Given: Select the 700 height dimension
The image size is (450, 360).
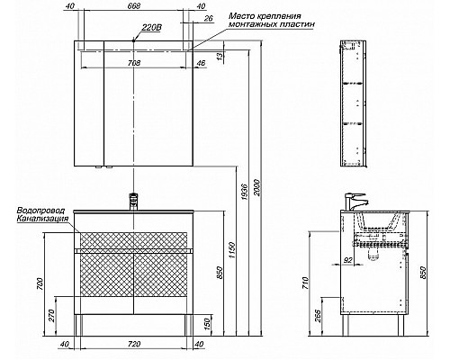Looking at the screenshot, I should [x=37, y=284].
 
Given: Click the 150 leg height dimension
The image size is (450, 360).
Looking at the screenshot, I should [x=207, y=324].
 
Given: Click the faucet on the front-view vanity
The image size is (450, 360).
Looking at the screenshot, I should [x=136, y=201].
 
